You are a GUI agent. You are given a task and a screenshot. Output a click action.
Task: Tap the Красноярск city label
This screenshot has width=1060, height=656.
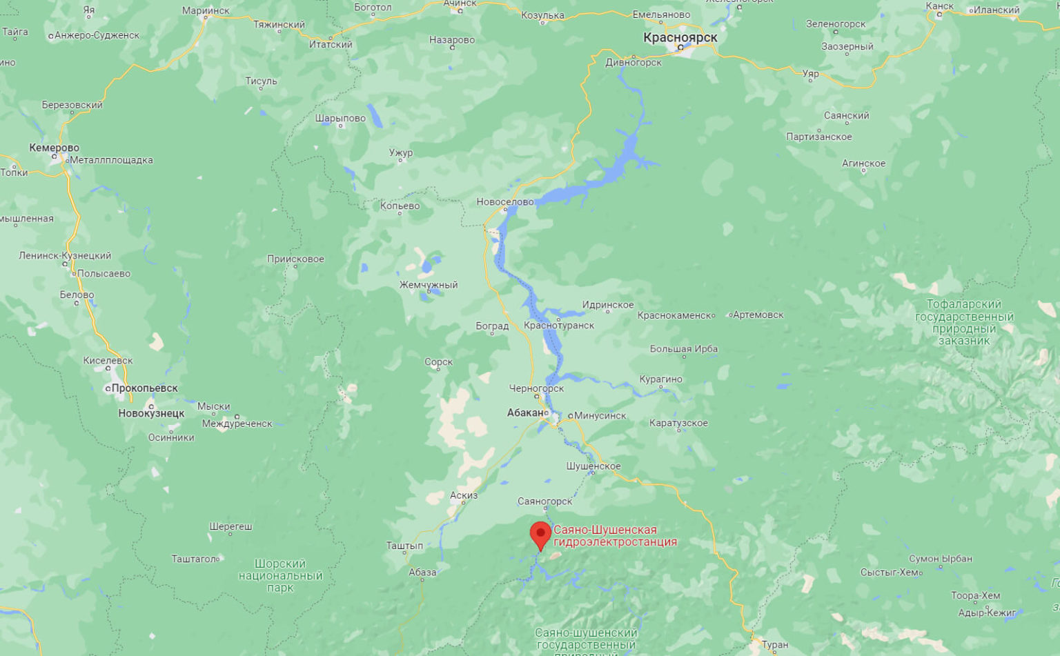(x=680, y=37)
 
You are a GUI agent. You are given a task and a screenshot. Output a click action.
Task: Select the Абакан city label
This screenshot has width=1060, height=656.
(x=525, y=413)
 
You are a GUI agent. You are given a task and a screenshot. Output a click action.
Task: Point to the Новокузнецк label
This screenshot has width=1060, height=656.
(x=151, y=413)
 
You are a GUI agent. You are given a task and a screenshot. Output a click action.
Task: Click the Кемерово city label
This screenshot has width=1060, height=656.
(x=54, y=148)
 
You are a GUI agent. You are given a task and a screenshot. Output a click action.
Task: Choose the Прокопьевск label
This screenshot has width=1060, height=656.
(x=144, y=388)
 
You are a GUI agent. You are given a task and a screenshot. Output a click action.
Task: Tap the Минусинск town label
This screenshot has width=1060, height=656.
(x=600, y=415)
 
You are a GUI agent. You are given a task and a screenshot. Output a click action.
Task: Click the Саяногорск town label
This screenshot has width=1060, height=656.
(x=545, y=501)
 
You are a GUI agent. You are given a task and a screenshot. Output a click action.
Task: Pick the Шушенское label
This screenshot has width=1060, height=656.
(x=593, y=466)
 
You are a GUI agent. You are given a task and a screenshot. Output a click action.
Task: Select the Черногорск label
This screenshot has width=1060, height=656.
(x=536, y=388)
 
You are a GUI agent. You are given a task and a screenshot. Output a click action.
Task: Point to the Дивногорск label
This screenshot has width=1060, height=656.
(x=634, y=62)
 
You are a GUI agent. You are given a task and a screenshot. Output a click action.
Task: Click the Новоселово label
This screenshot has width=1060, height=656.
(x=505, y=201)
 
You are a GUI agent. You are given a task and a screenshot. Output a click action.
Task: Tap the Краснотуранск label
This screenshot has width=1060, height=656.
(x=559, y=325)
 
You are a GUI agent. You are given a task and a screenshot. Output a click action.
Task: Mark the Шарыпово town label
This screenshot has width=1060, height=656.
(x=340, y=118)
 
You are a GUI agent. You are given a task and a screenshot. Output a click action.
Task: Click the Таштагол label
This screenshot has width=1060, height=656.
(x=194, y=559)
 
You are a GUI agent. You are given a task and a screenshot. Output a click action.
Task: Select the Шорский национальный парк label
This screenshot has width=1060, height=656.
(x=280, y=575)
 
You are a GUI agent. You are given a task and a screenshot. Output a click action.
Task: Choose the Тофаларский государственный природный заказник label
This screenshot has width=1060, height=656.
(x=964, y=322)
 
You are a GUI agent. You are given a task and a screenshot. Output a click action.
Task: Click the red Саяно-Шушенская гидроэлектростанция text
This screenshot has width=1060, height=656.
(x=614, y=535)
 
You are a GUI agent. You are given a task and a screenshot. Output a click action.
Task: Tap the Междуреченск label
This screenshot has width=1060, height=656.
(x=237, y=424)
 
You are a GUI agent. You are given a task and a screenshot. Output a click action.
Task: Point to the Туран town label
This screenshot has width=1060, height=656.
(x=775, y=644)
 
